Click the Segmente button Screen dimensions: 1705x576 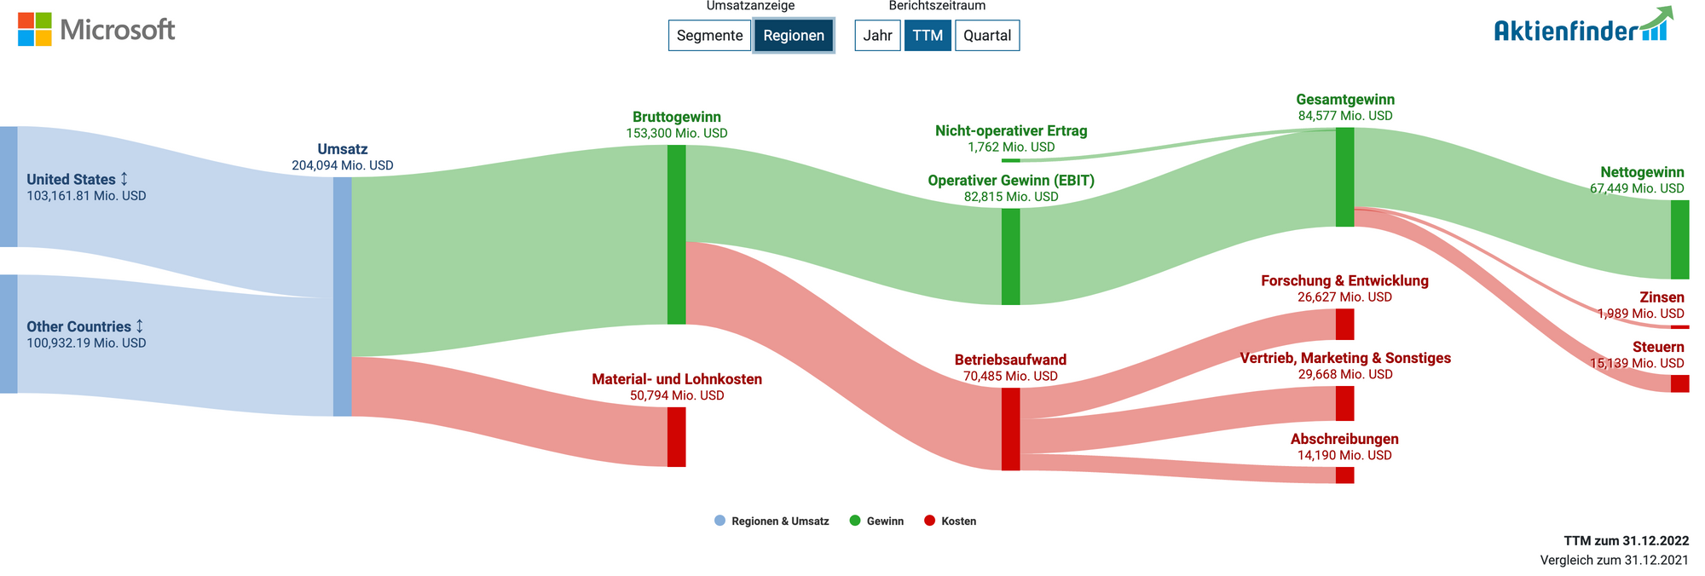click(x=709, y=35)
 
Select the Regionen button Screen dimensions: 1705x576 click(x=794, y=35)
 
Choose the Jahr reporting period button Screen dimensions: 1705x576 click(x=877, y=35)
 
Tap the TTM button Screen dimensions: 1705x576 click(x=928, y=35)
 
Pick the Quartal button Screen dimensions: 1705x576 click(x=987, y=35)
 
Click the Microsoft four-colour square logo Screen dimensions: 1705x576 click(x=35, y=29)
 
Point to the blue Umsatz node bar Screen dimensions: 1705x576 click(x=342, y=297)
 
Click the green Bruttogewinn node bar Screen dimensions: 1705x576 click(x=676, y=234)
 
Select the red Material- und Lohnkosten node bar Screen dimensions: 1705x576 click(x=676, y=437)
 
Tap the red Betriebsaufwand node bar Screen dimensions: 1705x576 click(x=1010, y=429)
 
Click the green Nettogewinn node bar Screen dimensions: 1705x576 click(x=1679, y=239)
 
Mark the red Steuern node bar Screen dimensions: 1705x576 click(x=1679, y=383)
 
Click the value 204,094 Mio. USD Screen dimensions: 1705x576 click(x=343, y=165)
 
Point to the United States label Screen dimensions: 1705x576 click(x=71, y=179)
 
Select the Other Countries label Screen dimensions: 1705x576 click(x=79, y=326)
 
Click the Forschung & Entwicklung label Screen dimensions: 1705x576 click(x=1344, y=280)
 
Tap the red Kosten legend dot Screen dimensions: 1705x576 click(x=929, y=521)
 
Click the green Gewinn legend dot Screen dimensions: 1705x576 click(x=855, y=521)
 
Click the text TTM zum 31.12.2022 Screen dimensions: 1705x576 click(x=1626, y=541)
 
